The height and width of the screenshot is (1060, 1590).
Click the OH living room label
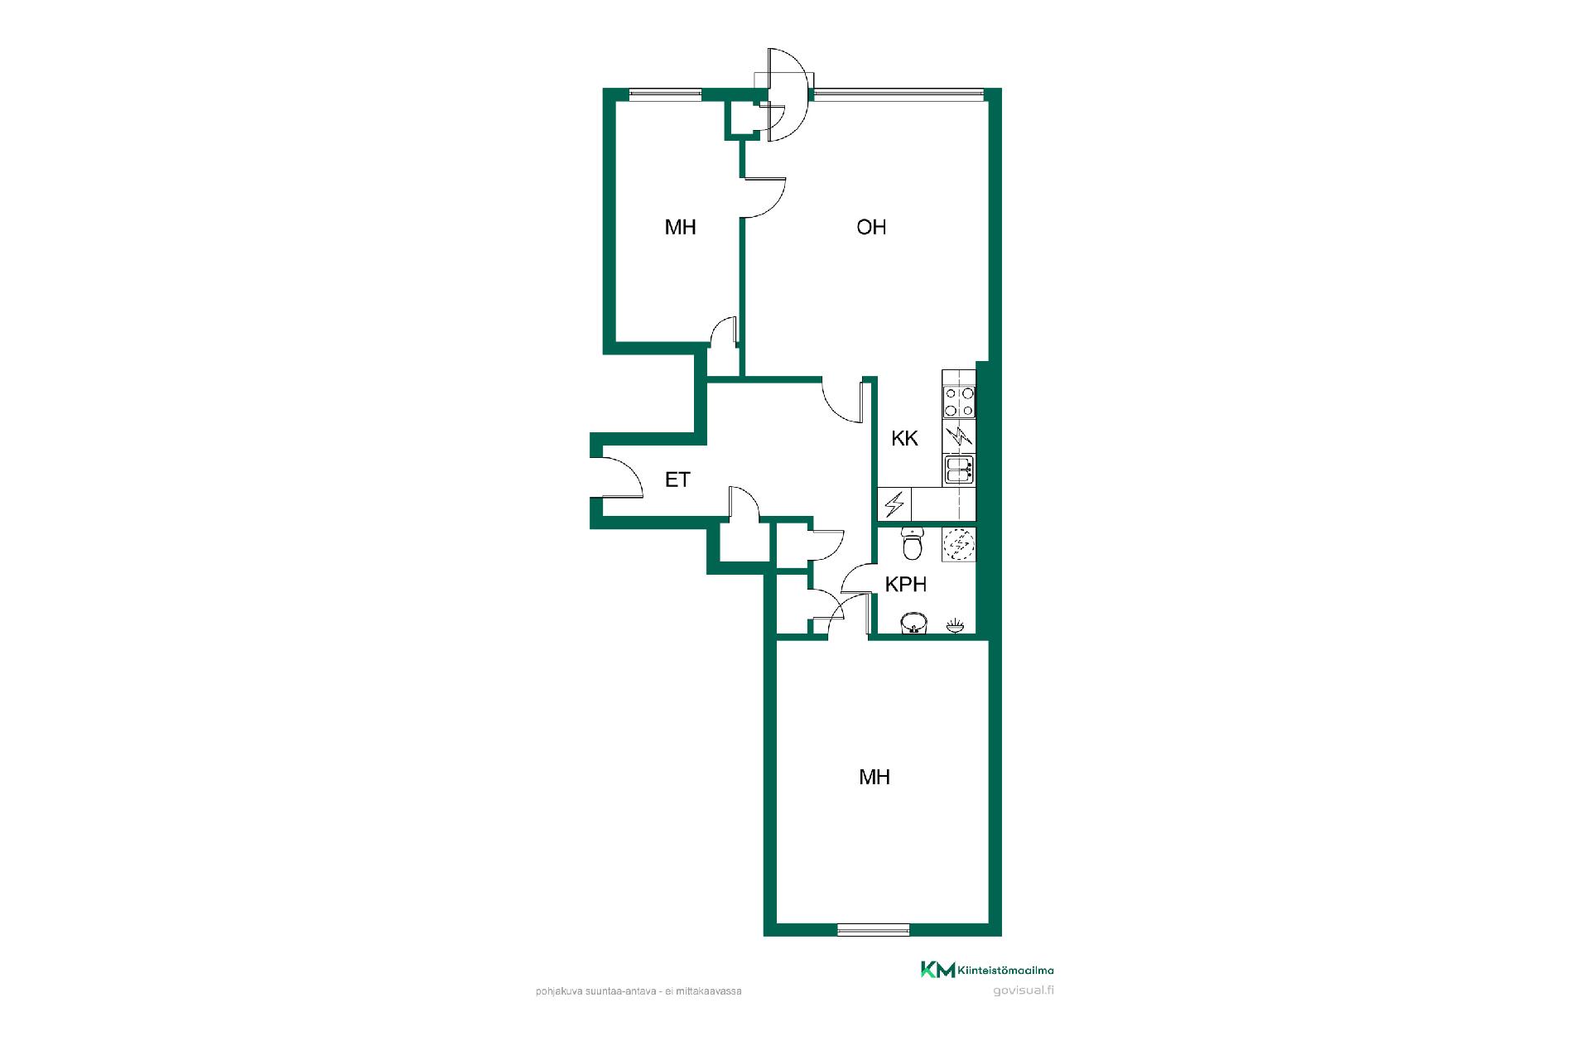[x=871, y=227]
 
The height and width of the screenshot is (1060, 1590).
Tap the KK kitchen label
[x=904, y=438]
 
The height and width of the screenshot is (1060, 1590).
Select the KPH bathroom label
[x=906, y=584]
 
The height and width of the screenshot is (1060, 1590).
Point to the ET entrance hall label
[x=677, y=479]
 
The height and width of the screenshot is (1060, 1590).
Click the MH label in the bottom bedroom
[x=874, y=777]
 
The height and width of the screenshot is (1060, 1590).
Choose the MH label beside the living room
[x=680, y=227]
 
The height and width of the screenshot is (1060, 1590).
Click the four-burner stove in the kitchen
[x=959, y=402]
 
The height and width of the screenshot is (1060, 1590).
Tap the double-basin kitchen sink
[x=959, y=469]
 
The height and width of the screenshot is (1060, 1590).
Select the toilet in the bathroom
[x=912, y=543]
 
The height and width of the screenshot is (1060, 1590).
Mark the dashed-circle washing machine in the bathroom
[x=960, y=544]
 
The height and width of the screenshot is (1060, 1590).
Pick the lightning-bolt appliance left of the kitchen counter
[x=894, y=503]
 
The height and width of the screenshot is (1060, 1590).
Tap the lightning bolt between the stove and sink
[x=961, y=436]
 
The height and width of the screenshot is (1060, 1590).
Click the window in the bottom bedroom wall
[x=874, y=929]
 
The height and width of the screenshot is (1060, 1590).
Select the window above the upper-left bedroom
[x=666, y=94]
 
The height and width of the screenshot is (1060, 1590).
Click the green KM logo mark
[x=938, y=970]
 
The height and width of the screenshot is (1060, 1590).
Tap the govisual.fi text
[x=1023, y=990]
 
